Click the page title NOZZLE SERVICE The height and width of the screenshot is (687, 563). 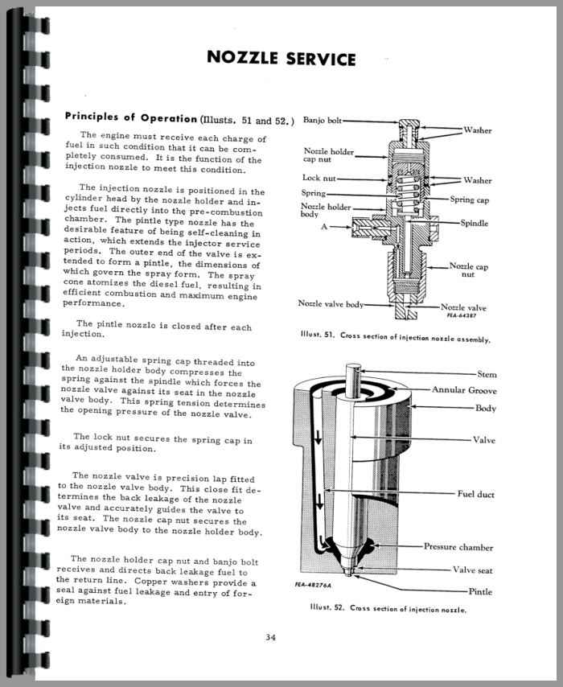tap(281, 58)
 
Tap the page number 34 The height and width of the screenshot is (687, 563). tap(269, 639)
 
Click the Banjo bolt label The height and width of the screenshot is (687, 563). tap(323, 121)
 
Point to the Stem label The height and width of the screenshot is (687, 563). tap(487, 373)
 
